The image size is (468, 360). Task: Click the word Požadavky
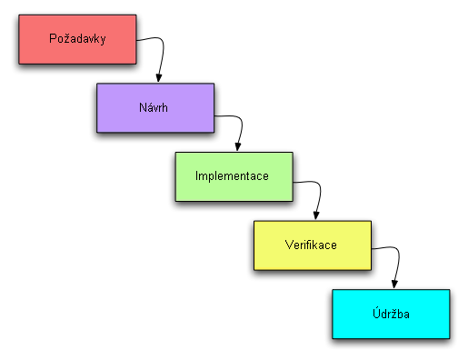(x=76, y=39)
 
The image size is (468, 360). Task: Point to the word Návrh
(x=155, y=107)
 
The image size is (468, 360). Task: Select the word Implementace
(x=233, y=175)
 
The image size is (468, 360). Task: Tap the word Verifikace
(x=312, y=244)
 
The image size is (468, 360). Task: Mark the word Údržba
(x=390, y=313)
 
